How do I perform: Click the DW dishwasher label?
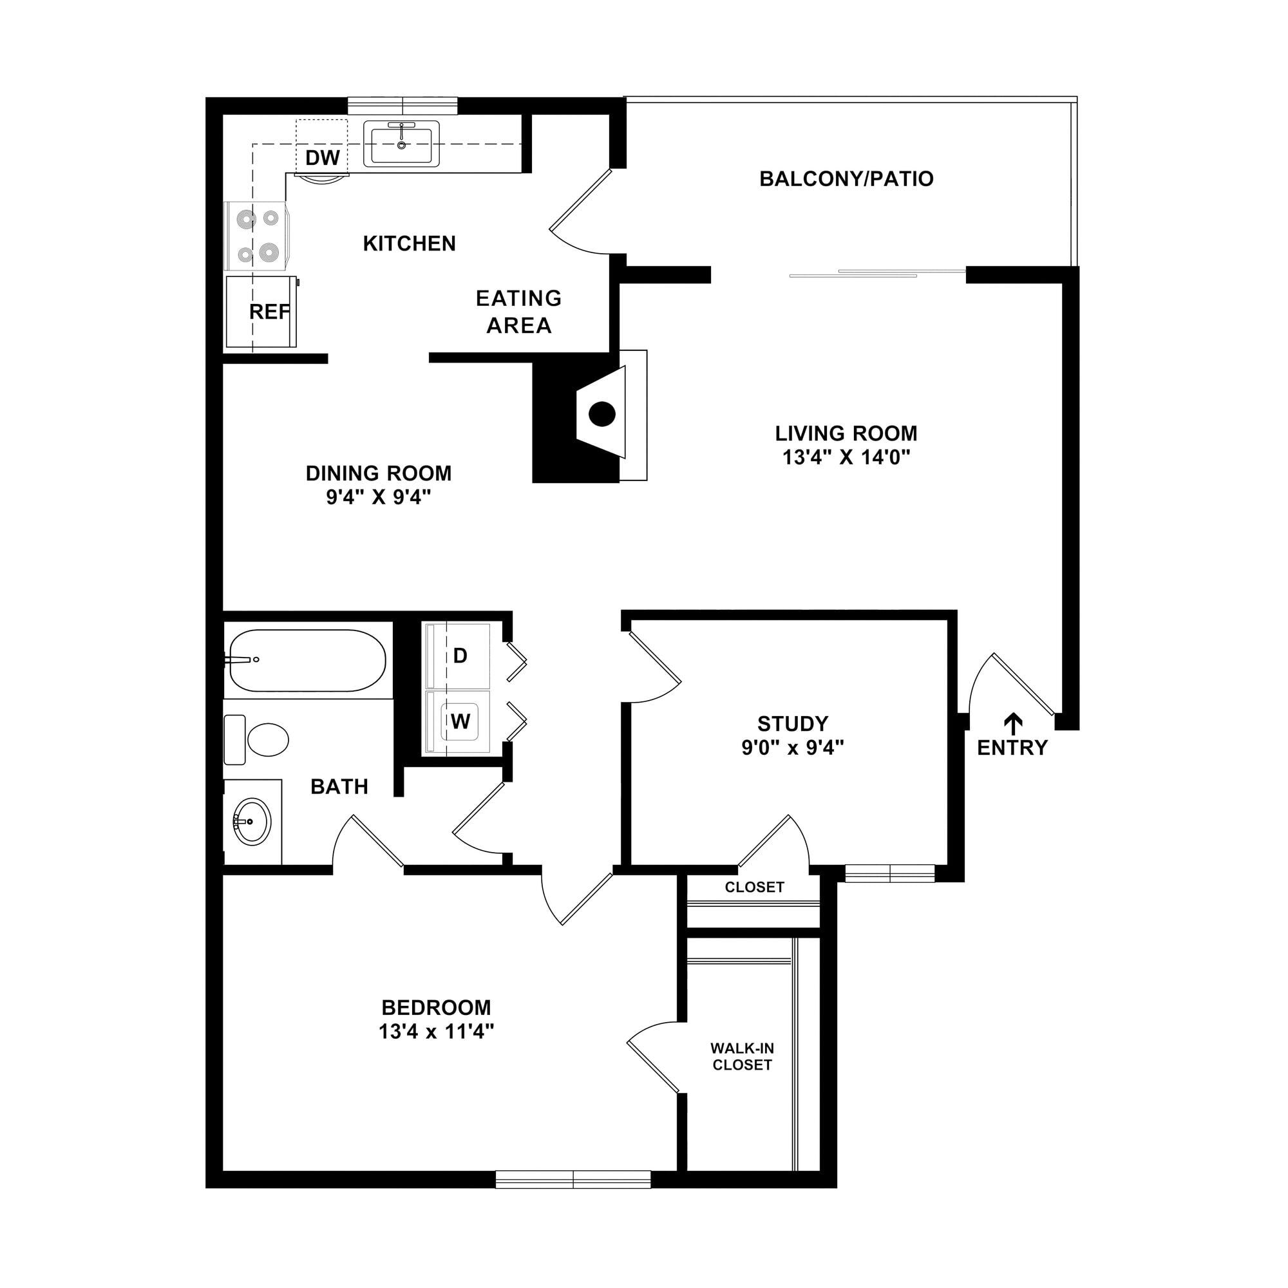pos(323,158)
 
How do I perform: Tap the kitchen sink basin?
pos(401,145)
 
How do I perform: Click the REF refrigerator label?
pos(269,311)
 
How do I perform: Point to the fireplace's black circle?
pos(601,414)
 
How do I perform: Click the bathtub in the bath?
pos(307,660)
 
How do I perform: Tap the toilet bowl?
pos(267,740)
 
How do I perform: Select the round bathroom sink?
pos(252,821)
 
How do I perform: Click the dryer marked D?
pos(459,656)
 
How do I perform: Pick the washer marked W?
pos(459,721)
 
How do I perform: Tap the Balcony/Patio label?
pos(846,178)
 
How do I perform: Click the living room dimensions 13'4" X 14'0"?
pos(846,457)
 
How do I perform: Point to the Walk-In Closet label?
pos(742,1057)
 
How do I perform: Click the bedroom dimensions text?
pos(436,1032)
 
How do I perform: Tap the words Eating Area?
pos(518,311)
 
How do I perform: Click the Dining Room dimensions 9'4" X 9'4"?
pos(379,497)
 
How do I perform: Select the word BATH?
pos(339,787)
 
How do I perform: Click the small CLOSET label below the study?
pos(755,887)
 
